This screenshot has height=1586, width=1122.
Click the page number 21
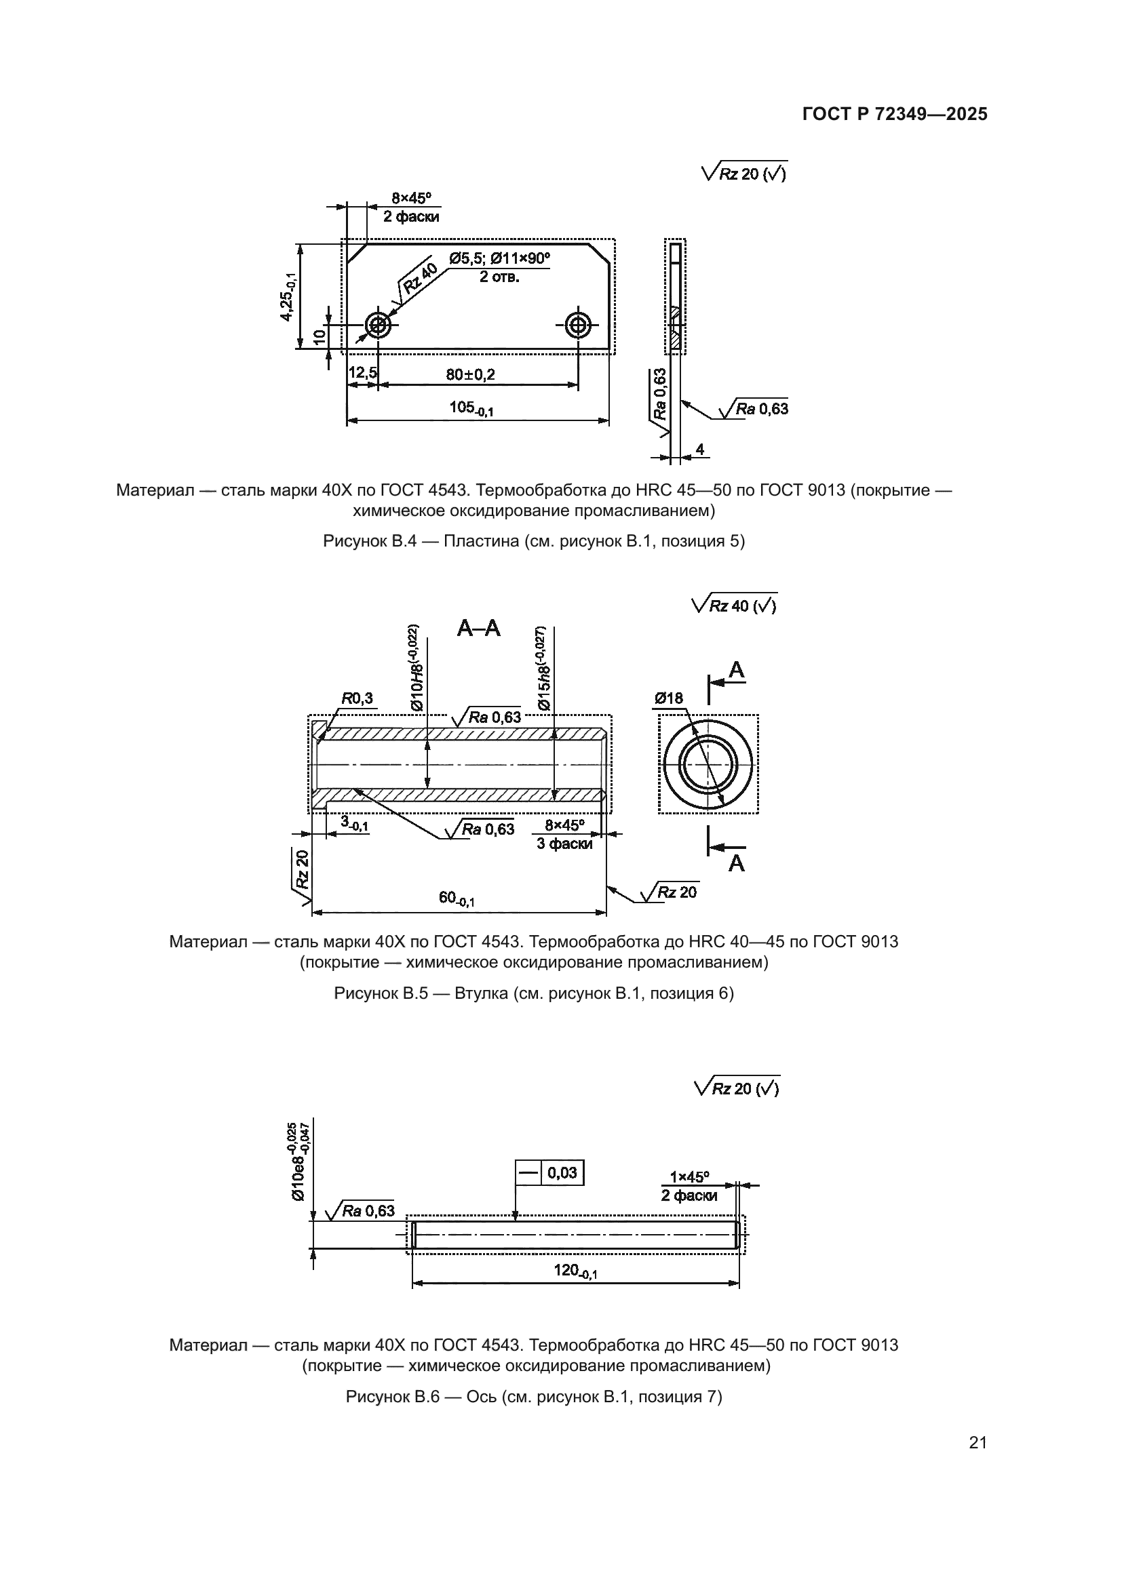pos(978,1442)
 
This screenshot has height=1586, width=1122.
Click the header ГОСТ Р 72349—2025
pos(895,114)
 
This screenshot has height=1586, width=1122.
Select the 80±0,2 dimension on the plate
pos(471,374)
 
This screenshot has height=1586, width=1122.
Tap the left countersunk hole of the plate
pos(379,324)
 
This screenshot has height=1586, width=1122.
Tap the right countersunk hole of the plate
pos(577,324)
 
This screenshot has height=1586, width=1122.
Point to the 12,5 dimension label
pos(362,373)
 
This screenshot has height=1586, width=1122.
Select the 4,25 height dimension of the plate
pos(288,296)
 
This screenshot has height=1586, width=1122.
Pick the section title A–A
pos(479,629)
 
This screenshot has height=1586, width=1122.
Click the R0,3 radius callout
pos(357,698)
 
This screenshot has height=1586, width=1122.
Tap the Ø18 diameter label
pos(668,698)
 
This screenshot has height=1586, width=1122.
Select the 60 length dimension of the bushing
pos(456,898)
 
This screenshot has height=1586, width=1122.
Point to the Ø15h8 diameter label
pos(543,668)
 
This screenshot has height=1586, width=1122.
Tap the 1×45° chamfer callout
pos(689,1176)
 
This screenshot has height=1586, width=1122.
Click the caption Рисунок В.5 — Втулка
pos(533,993)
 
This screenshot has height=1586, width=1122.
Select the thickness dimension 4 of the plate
pos(699,450)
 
